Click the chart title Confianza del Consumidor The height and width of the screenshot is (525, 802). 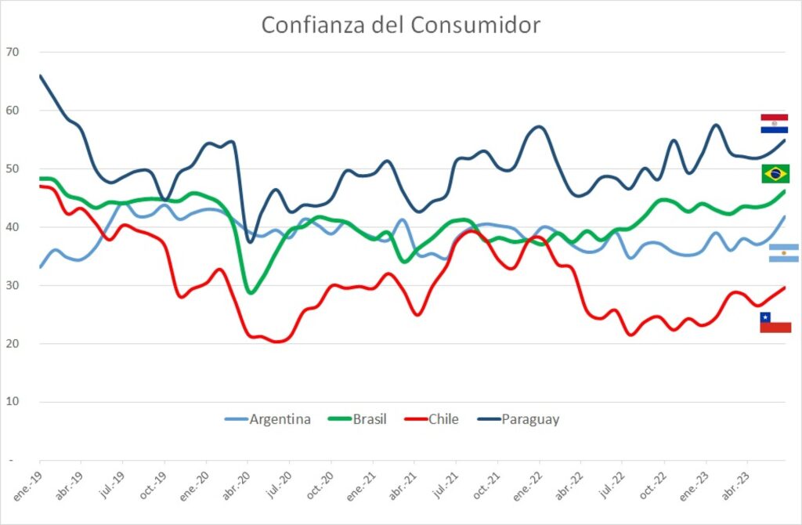click(400, 25)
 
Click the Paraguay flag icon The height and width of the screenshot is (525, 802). click(774, 123)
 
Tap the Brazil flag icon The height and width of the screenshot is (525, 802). click(775, 173)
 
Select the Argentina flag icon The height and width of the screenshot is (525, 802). click(783, 253)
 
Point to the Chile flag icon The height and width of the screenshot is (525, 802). click(775, 322)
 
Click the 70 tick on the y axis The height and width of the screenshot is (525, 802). click(13, 52)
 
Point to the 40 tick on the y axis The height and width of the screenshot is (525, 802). click(13, 227)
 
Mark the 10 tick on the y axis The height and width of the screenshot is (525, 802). click(13, 402)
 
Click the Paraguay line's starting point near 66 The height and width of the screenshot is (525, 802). click(40, 75)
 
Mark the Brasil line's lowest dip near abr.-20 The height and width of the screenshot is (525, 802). click(251, 292)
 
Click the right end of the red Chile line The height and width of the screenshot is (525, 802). click(785, 287)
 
